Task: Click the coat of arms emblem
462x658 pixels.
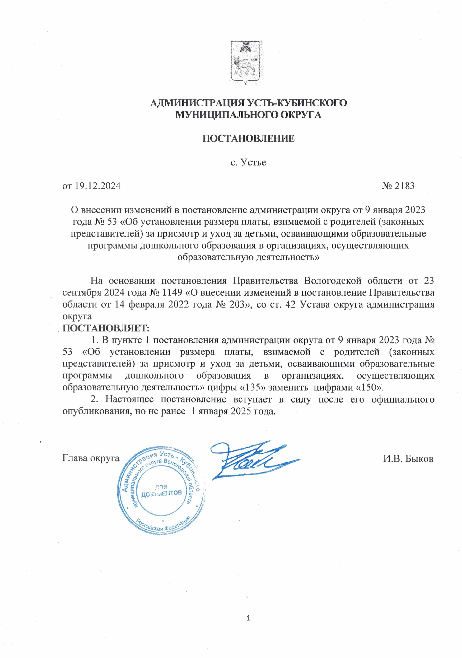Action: coord(247,62)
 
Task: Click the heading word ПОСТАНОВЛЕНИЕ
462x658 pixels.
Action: coord(249,138)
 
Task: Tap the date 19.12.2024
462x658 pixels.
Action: coord(98,186)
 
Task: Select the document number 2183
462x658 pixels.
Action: coord(404,186)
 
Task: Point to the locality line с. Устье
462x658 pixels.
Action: coord(249,162)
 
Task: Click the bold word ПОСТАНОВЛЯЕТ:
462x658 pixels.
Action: coord(106,328)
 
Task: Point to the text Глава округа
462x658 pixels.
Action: coord(91,458)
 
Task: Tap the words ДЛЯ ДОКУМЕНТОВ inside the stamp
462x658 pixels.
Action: coord(161,491)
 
